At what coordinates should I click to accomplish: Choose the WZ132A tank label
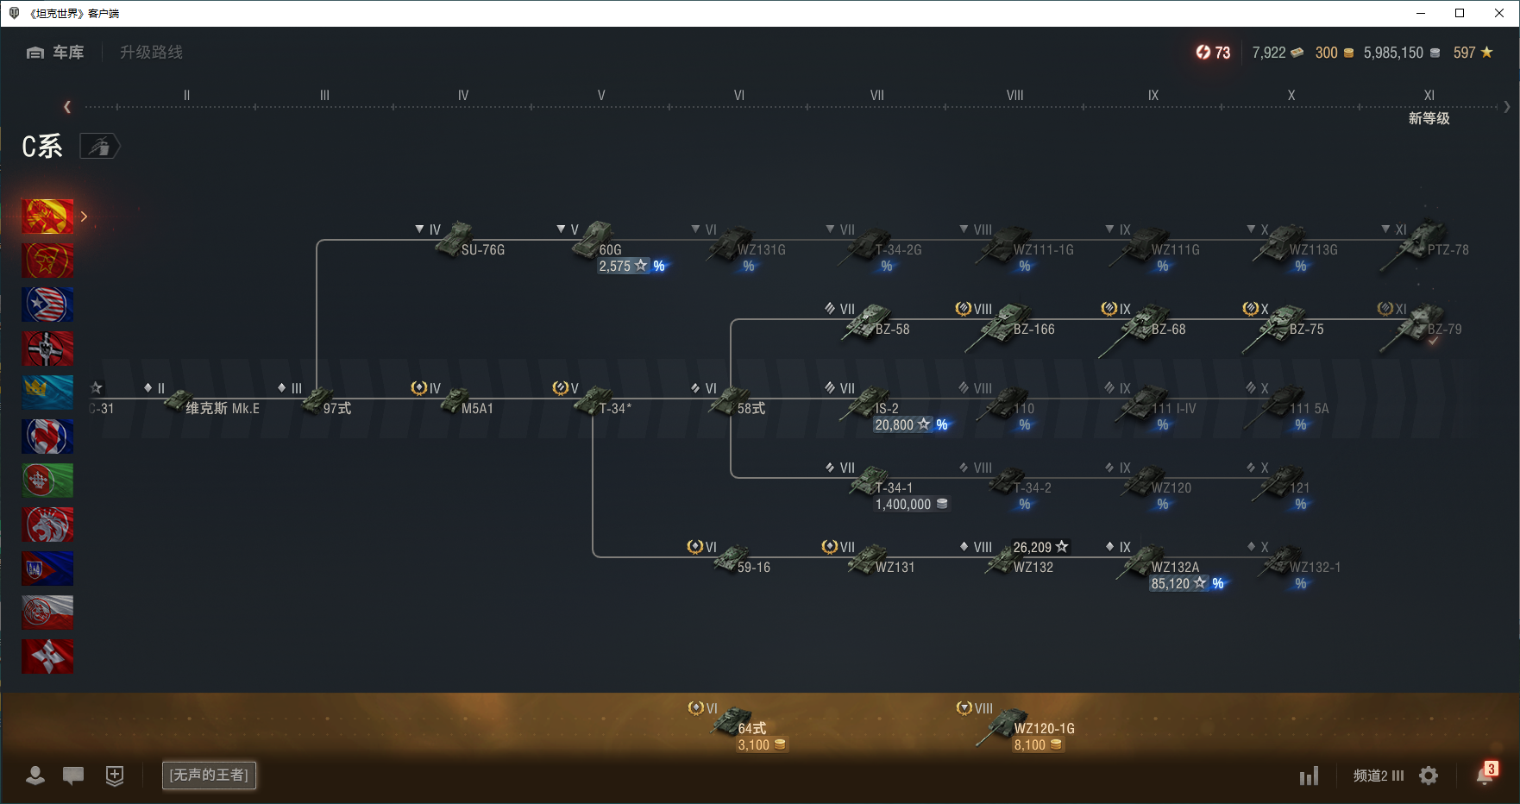pyautogui.click(x=1175, y=568)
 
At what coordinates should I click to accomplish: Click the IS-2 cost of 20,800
pyautogui.click(x=895, y=425)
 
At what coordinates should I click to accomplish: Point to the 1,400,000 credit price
pyautogui.click(x=903, y=505)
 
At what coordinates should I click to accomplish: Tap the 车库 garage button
pyautogui.click(x=56, y=53)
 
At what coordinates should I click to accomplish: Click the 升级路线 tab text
pyautogui.click(x=151, y=53)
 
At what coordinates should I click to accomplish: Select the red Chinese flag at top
pyautogui.click(x=47, y=217)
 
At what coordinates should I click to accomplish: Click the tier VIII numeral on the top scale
pyautogui.click(x=1014, y=96)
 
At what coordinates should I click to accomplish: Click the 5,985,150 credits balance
pyautogui.click(x=1393, y=53)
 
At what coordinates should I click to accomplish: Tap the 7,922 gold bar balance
pyautogui.click(x=1269, y=53)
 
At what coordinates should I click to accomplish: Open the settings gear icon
pyautogui.click(x=1429, y=776)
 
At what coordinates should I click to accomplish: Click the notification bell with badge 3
pyautogui.click(x=1485, y=775)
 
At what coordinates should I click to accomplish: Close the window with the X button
pyautogui.click(x=1499, y=13)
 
